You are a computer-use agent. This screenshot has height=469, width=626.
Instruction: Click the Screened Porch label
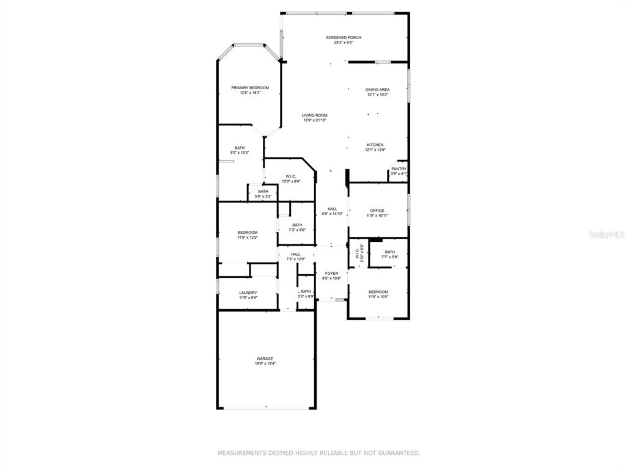[x=344, y=37]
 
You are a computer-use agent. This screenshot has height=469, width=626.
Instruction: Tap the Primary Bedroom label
[x=250, y=88]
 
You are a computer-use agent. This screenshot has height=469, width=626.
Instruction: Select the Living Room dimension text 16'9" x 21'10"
[x=315, y=120]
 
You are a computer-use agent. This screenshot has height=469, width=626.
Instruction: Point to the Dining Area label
[x=377, y=90]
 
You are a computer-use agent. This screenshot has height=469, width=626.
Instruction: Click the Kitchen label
[x=375, y=145]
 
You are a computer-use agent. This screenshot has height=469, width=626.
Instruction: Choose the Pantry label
[x=399, y=169]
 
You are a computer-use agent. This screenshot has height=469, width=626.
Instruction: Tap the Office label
[x=377, y=211]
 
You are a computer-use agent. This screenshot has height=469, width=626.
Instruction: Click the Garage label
[x=265, y=358]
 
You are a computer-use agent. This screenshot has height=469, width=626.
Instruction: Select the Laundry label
[x=248, y=293]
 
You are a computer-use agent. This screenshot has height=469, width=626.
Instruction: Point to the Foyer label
[x=331, y=274]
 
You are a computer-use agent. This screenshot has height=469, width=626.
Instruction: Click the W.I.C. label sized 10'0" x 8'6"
[x=290, y=176]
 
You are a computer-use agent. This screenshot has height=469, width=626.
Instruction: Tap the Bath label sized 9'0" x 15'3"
[x=240, y=148]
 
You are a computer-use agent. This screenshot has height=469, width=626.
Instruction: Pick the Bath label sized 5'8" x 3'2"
[x=263, y=191]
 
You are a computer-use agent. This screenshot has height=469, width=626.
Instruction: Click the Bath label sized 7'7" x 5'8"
[x=389, y=252]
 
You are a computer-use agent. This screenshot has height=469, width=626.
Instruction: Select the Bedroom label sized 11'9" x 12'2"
[x=248, y=233]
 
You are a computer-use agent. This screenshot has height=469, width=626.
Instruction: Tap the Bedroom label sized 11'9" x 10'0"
[x=378, y=292]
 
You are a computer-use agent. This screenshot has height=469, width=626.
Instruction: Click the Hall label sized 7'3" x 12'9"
[x=295, y=255]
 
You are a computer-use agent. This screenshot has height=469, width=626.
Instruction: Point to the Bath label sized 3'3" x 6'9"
[x=306, y=291]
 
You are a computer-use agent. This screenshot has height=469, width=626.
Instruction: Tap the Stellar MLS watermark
[x=607, y=235]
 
